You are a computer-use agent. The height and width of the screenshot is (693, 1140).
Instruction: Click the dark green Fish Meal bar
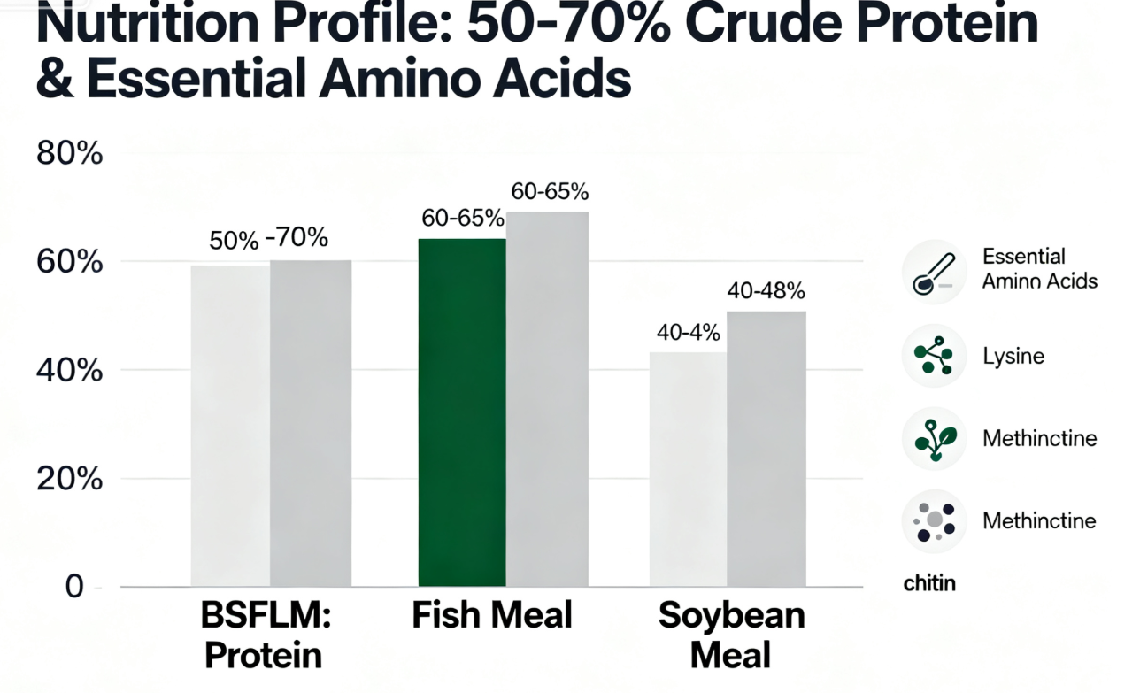(461, 412)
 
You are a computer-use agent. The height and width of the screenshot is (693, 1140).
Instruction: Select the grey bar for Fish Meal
(547, 399)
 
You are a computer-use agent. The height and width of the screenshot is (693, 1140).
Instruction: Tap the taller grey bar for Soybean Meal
(766, 449)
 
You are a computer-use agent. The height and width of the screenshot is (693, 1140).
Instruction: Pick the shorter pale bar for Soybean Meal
(688, 469)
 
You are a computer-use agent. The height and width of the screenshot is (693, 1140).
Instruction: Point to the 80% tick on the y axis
(69, 154)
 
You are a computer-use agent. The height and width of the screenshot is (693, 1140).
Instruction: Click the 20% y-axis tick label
(69, 479)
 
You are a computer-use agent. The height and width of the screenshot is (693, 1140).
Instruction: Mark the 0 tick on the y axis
(74, 587)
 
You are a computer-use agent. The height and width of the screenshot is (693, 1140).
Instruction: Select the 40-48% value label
(766, 291)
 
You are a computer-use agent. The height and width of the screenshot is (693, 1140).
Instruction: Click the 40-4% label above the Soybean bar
(688, 334)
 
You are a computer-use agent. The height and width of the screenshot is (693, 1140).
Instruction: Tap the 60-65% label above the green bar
(461, 219)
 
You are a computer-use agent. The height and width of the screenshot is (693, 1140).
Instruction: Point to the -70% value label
(297, 238)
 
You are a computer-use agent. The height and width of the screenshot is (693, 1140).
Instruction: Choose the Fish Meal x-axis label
(492, 615)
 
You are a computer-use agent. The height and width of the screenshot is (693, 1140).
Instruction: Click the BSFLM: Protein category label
(263, 635)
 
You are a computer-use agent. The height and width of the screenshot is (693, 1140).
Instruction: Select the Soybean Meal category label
(732, 635)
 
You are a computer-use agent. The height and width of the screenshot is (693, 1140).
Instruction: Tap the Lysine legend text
(1013, 357)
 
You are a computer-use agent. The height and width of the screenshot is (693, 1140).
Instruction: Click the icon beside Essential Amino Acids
(934, 272)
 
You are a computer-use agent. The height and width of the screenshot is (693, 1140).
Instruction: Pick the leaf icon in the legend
(934, 438)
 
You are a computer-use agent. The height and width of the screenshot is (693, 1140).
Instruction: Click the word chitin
(929, 584)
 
